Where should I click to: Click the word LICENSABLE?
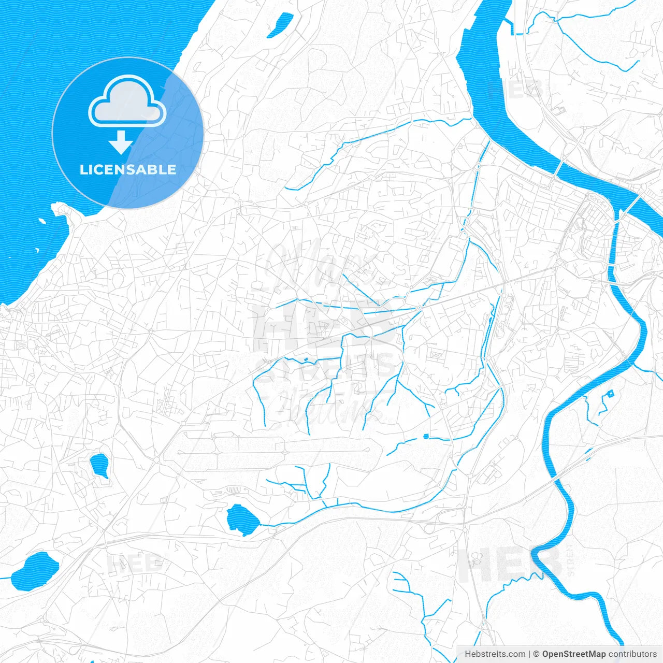(x=128, y=169)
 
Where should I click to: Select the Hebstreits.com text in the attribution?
(x=495, y=654)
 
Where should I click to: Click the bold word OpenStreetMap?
(x=574, y=654)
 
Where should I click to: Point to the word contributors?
(x=632, y=654)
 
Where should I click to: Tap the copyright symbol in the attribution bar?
(x=537, y=654)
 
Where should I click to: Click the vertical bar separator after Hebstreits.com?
(x=529, y=654)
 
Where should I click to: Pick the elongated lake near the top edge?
(x=279, y=25)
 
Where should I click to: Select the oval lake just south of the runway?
(x=241, y=518)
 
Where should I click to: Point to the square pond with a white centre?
(x=610, y=394)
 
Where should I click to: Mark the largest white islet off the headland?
(x=42, y=221)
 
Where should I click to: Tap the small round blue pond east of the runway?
(x=426, y=436)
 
